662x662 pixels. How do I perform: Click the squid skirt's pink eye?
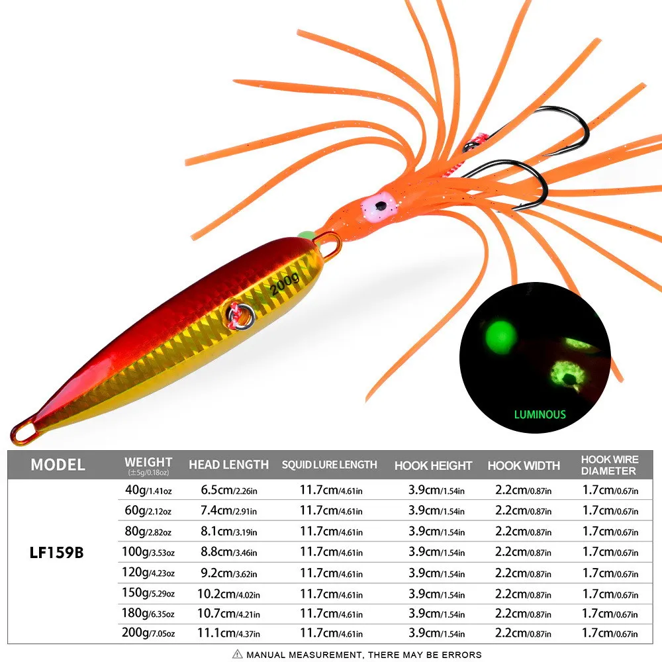[379, 207]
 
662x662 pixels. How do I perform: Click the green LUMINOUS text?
[540, 414]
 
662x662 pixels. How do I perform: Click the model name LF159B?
[56, 553]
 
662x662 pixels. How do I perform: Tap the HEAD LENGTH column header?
[228, 465]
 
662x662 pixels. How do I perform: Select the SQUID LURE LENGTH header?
[329, 465]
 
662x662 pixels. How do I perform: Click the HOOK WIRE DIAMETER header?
[609, 465]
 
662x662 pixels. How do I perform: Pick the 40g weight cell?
[148, 490]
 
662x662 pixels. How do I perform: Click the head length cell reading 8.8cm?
[228, 552]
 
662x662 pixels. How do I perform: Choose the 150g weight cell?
[148, 593]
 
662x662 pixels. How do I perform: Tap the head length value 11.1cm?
[228, 634]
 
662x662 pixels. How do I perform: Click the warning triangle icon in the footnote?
[237, 654]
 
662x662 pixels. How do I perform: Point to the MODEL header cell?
[58, 465]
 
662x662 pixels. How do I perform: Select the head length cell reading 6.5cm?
[228, 490]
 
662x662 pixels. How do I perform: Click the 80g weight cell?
[148, 531]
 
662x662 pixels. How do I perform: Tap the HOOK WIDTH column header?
[524, 465]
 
